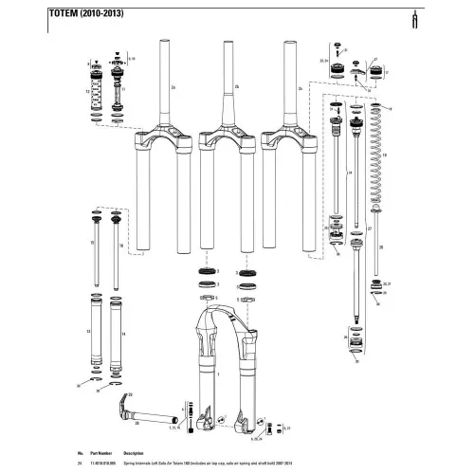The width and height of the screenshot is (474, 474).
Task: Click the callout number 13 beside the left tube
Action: [88, 332]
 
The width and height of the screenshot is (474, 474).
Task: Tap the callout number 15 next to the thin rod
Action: [91, 244]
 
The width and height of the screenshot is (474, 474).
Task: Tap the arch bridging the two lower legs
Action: [223, 312]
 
